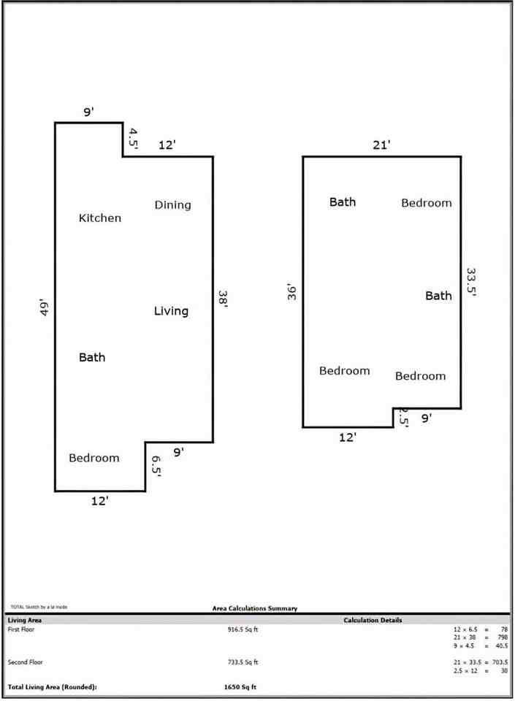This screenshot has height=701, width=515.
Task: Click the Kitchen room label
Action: [x=100, y=218]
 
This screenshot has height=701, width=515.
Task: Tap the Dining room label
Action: [x=172, y=205]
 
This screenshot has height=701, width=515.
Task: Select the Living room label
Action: [x=171, y=311]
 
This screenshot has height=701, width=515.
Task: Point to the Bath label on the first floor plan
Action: [x=92, y=357]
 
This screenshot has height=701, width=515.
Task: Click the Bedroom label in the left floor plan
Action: [x=94, y=458]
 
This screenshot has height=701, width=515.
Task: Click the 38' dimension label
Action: [x=224, y=299]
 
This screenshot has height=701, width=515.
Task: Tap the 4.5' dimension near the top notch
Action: [x=134, y=139]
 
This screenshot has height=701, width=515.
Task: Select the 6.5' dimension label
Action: [x=156, y=466]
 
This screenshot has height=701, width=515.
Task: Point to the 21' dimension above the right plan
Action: [x=381, y=145]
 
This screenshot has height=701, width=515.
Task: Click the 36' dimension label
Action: [x=291, y=292]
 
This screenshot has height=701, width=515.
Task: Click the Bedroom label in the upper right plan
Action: [x=427, y=203]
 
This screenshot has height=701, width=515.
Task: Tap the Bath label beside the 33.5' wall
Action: [x=438, y=296]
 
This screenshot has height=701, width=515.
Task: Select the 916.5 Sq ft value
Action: [x=243, y=629]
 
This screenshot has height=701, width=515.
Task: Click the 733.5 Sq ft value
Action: [x=243, y=662]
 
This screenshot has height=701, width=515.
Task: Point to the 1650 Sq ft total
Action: [x=240, y=687]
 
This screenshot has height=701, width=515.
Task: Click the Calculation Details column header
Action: [x=373, y=620]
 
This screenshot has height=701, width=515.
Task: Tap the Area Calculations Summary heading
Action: [x=254, y=608]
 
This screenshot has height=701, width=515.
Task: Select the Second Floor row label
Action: [x=23, y=662]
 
